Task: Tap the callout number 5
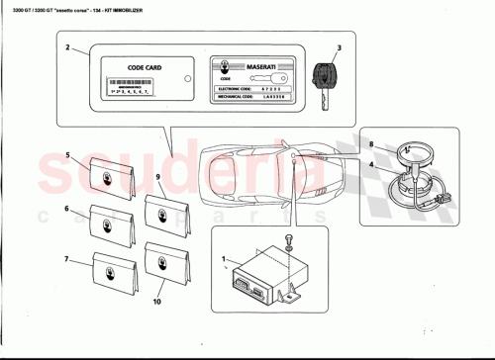click(67, 155)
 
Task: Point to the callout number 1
click(227, 264)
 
